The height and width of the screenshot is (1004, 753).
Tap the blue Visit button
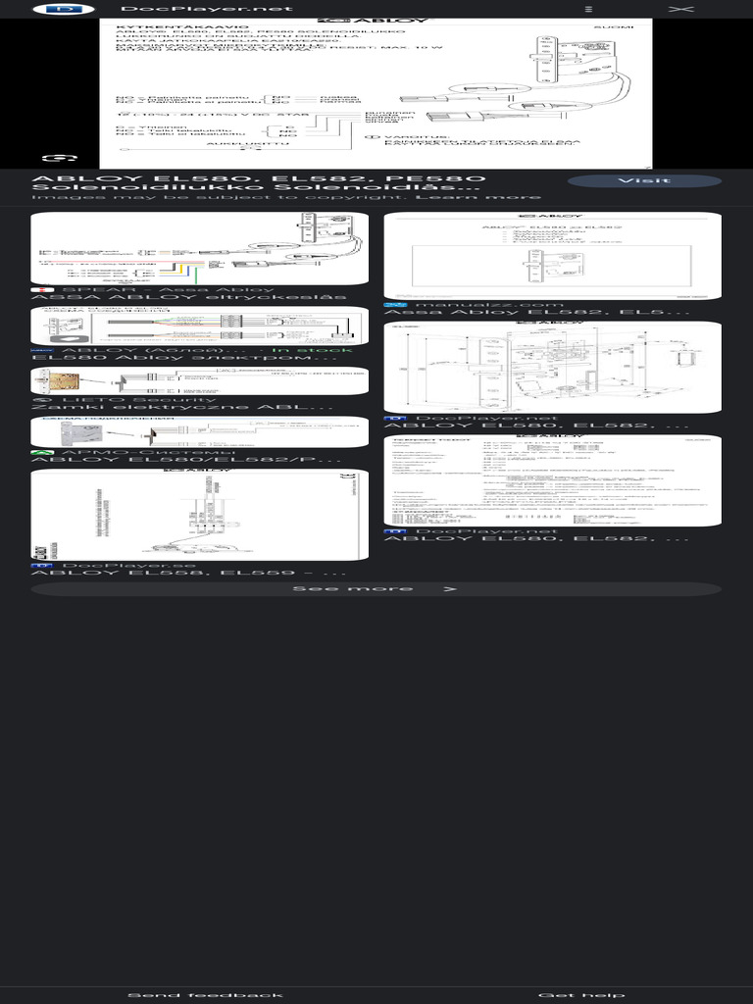coord(644,180)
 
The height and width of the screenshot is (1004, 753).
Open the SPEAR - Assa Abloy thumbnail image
coord(200,249)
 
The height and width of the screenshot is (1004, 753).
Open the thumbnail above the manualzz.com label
coord(552,256)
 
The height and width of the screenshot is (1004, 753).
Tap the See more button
coord(376,589)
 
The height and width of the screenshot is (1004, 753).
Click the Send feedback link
coord(205,995)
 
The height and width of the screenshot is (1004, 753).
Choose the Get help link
coord(581,995)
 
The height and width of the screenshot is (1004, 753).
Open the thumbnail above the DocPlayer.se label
coord(200,515)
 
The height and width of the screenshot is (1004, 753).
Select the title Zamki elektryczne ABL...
coord(182,407)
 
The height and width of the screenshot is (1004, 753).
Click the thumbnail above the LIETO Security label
coord(200,380)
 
